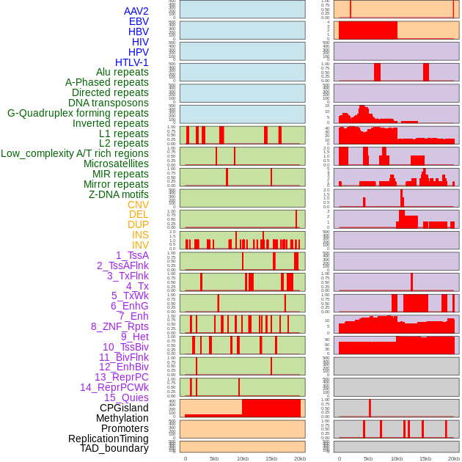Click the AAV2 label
[x=136, y=11]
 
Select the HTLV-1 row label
[x=131, y=62]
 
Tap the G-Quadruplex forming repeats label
[x=78, y=113]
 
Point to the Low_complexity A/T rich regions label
[x=75, y=153]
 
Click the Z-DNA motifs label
[x=119, y=194]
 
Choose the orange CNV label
[x=138, y=205]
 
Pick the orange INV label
[x=140, y=245]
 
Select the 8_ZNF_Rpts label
[x=120, y=326]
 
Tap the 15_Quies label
[x=125, y=397]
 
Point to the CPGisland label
[x=124, y=408]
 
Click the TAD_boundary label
[x=114, y=448]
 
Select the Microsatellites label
[x=116, y=164]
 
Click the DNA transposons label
[x=109, y=103]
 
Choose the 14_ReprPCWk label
[x=114, y=387]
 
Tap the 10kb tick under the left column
[x=242, y=458]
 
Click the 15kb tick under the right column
[x=425, y=458]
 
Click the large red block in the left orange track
[x=271, y=408]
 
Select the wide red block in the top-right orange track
[x=367, y=30]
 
